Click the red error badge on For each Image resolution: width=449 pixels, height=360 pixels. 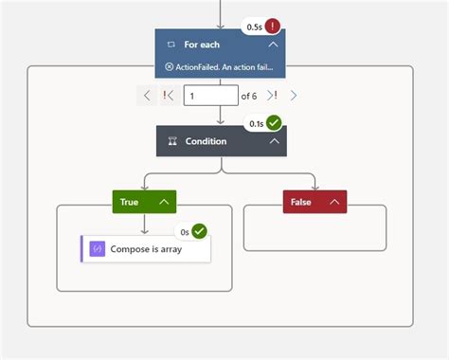tap(275, 27)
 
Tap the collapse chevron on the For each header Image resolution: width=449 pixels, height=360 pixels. tap(273, 45)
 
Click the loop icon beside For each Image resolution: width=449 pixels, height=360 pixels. tap(171, 45)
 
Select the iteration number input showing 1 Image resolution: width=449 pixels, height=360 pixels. tap(210, 95)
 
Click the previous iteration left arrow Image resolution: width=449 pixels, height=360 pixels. tap(148, 95)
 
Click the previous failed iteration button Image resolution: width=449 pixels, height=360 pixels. tap(170, 95)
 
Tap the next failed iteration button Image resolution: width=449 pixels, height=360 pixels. tap(272, 95)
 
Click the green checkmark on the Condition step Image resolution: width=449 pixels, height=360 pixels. tap(274, 124)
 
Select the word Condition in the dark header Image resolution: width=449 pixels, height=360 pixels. tap(206, 141)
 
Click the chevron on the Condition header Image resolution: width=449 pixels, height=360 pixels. tap(274, 141)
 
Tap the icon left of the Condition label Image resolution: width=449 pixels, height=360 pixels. tap(171, 141)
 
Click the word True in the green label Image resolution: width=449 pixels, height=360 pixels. tap(130, 202)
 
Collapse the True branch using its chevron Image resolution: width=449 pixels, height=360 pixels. tap(164, 202)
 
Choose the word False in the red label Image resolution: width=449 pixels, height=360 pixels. tap(300, 202)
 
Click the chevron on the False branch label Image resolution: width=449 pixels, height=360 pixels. tap(334, 202)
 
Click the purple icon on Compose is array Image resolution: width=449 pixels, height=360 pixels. tap(97, 249)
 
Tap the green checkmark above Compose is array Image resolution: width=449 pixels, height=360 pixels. tap(199, 231)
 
